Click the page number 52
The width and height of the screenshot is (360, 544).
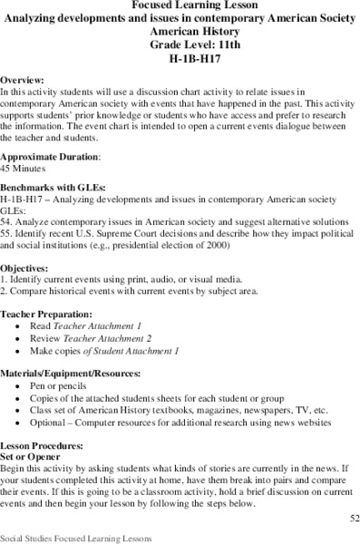tap(350, 518)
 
